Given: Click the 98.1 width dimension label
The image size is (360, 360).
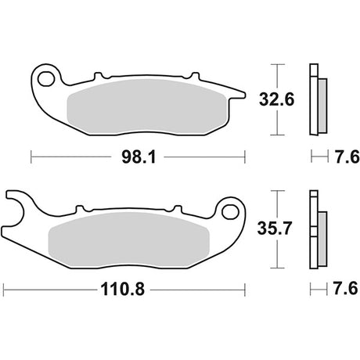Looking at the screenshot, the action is pyautogui.click(x=139, y=157).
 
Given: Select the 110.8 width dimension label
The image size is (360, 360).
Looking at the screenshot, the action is pyautogui.click(x=122, y=290).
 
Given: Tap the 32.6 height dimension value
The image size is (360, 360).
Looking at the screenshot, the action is pyautogui.click(x=276, y=99).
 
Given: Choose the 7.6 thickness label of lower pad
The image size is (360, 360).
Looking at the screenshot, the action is pyautogui.click(x=345, y=289).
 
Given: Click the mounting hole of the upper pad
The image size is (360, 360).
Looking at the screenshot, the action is pyautogui.click(x=46, y=79).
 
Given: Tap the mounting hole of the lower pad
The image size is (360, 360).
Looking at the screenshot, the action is pyautogui.click(x=231, y=211).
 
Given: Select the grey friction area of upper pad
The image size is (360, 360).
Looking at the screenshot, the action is pyautogui.click(x=147, y=106).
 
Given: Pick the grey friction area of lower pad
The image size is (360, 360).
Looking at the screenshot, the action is pyautogui.click(x=129, y=239).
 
